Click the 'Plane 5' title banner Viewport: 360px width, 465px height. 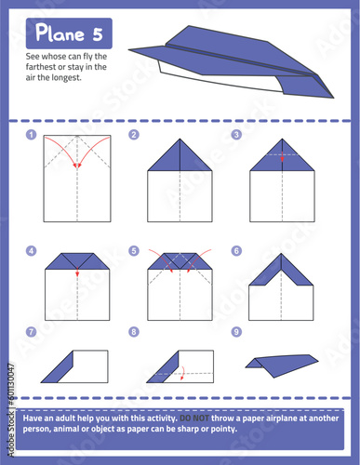[x=71, y=34]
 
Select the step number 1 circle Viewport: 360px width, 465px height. [x=32, y=135]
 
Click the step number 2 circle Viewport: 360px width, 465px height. [x=134, y=135]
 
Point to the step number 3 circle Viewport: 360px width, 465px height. [x=236, y=135]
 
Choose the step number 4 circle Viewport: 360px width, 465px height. [x=32, y=251]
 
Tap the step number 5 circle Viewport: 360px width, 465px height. [x=134, y=251]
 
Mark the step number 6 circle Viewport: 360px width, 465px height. [x=236, y=251]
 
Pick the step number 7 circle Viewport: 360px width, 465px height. [x=32, y=331]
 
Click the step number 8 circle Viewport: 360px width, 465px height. [x=134, y=331]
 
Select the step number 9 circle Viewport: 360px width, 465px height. [x=236, y=331]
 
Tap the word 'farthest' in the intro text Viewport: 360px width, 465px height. [x=41, y=67]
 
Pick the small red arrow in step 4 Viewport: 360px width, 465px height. [x=78, y=273]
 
